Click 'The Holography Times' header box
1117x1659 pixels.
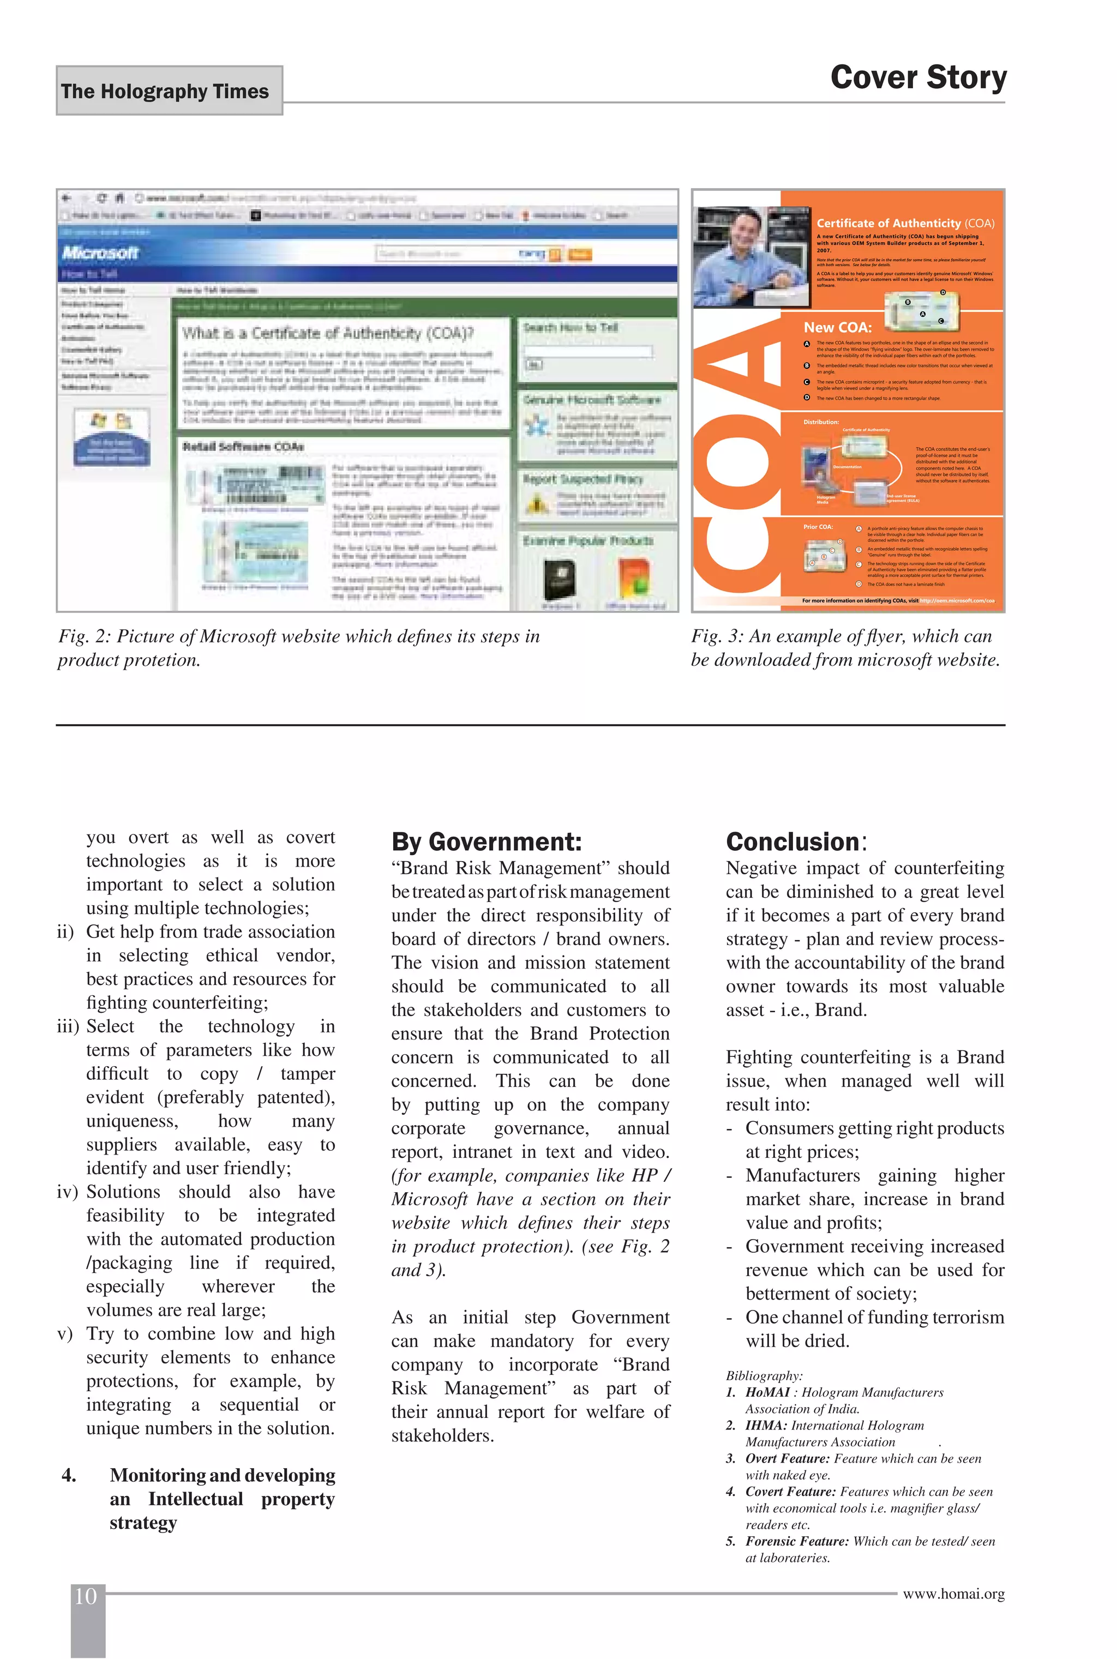coord(169,91)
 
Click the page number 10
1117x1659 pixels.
coord(86,1596)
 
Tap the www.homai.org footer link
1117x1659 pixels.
coord(953,1594)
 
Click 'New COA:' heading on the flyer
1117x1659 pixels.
coord(837,328)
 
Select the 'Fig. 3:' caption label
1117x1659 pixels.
coord(717,636)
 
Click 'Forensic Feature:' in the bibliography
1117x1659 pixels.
coord(796,1541)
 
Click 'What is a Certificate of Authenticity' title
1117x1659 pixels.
coord(328,333)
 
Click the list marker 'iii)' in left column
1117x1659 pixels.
coord(68,1026)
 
